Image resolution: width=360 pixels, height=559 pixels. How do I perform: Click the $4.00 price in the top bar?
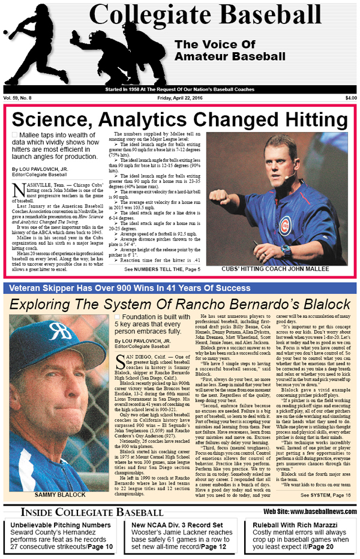coord(350,98)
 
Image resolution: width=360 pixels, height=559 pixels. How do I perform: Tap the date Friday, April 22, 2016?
coord(179,98)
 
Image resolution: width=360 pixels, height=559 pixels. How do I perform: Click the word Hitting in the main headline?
coord(305,118)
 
